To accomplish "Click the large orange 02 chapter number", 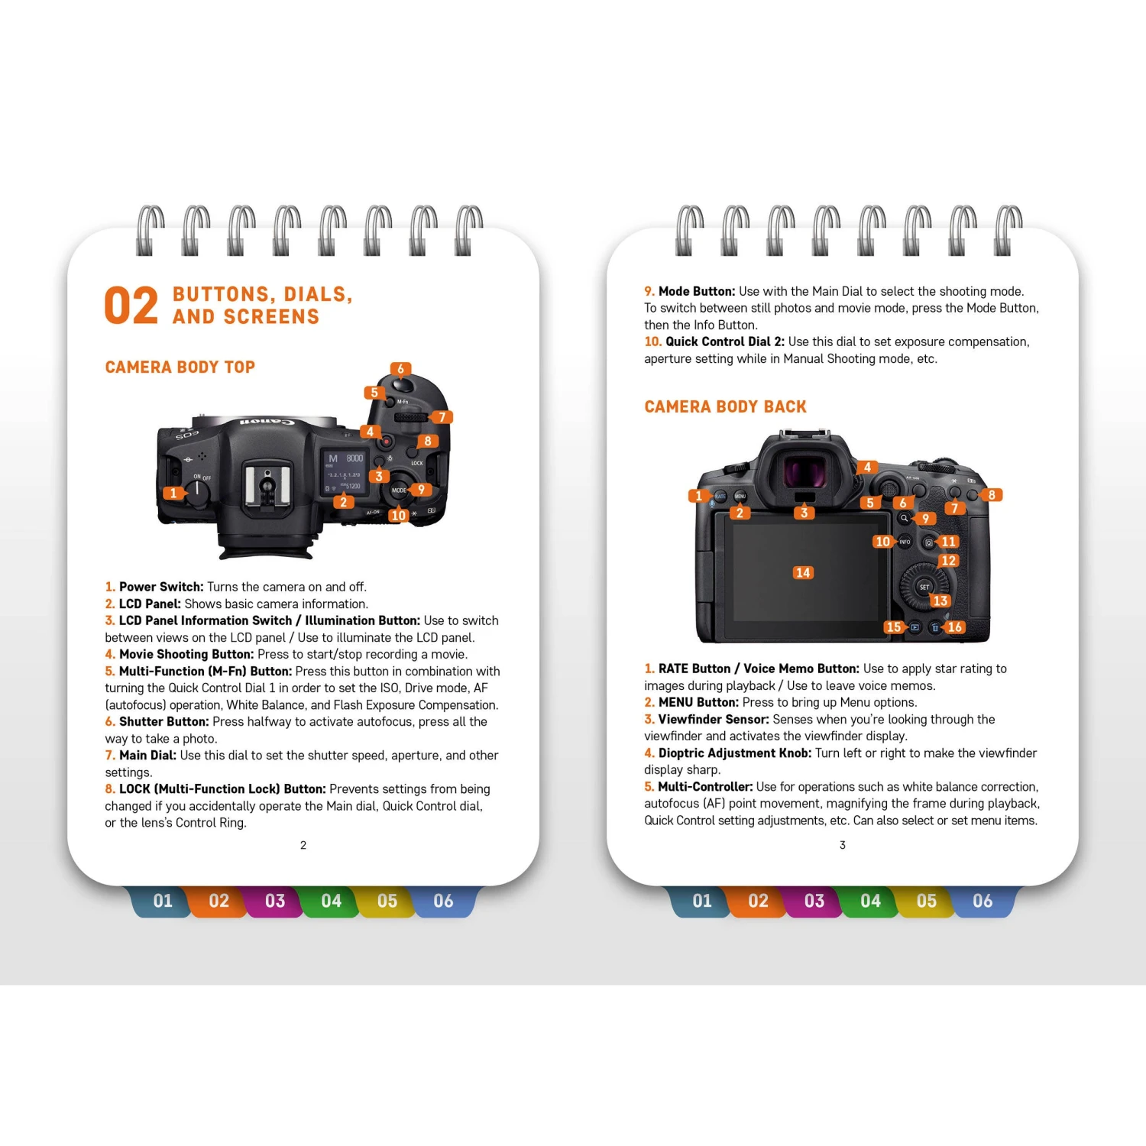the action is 131,306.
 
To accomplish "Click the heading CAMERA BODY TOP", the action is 180,367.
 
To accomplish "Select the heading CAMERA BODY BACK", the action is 725,407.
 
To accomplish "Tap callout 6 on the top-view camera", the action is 400,370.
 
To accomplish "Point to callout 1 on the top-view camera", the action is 174,494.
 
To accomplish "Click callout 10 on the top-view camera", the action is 398,516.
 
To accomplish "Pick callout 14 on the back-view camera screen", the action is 802,573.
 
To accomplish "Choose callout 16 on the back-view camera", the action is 954,627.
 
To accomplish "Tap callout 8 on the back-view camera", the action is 992,495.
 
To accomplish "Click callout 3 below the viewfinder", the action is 804,513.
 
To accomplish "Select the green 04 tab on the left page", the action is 331,902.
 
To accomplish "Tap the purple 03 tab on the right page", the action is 814,902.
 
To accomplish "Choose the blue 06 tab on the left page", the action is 443,902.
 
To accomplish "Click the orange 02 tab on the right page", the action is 758,902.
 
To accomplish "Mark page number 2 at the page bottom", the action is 303,845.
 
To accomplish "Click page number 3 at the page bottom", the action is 843,845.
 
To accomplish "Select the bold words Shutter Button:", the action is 163,722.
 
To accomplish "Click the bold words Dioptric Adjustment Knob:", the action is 735,753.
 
